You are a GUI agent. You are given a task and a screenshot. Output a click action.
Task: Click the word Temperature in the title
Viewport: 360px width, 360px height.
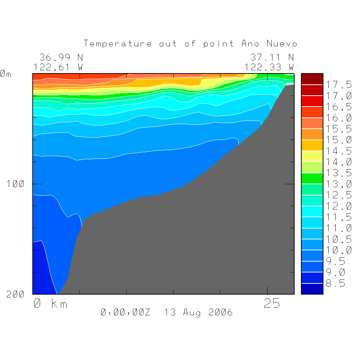[x=117, y=44]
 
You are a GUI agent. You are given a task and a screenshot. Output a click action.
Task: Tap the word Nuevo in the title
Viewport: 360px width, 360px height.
[x=282, y=44]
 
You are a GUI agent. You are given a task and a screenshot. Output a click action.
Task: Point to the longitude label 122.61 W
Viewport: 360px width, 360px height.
[x=58, y=67]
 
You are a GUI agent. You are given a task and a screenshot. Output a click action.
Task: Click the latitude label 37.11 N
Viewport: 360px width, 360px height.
[x=272, y=57]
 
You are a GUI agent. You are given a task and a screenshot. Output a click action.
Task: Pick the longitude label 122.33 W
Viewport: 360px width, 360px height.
[x=269, y=67]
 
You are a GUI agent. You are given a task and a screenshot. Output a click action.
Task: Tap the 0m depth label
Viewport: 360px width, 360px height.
[x=6, y=74]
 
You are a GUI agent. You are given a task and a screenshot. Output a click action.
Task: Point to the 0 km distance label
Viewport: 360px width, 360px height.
[x=50, y=303]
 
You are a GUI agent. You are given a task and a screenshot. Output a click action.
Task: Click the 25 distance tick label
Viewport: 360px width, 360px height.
[x=272, y=303]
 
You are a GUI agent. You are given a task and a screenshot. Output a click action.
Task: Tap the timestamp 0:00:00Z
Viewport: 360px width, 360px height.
[x=126, y=312]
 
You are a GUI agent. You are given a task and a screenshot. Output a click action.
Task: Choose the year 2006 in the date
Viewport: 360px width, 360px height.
[x=220, y=312]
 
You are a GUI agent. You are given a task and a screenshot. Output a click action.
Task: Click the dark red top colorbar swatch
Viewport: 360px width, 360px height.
[x=312, y=79]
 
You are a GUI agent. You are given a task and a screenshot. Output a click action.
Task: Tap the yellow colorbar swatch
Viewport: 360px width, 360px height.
[x=312, y=156]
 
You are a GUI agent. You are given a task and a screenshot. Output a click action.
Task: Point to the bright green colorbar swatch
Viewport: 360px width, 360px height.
[x=312, y=178]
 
